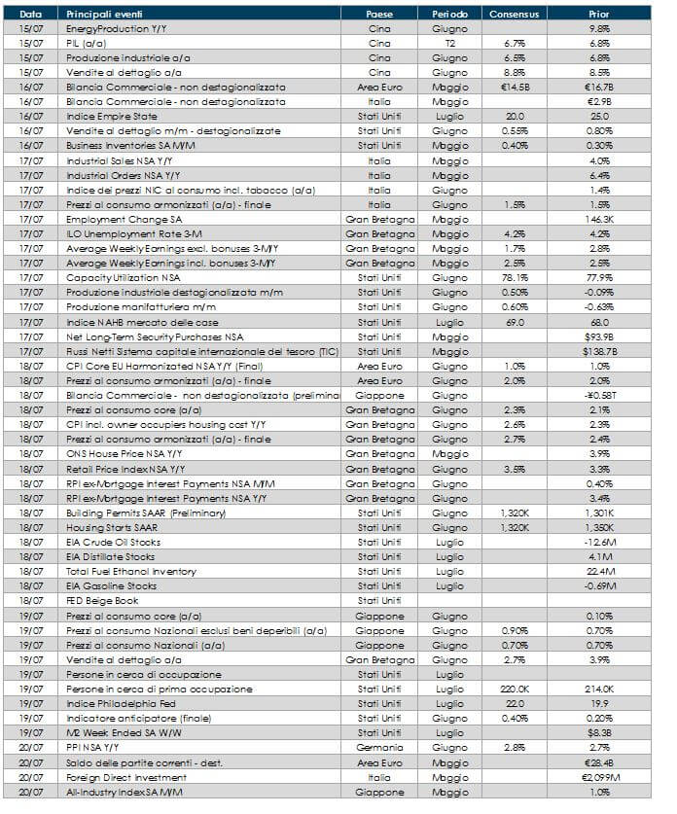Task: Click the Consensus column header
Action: (x=516, y=15)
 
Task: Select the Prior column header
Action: (x=599, y=15)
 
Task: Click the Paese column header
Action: (x=379, y=15)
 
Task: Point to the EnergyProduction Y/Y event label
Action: (x=111, y=29)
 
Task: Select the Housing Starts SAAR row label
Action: (x=105, y=526)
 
